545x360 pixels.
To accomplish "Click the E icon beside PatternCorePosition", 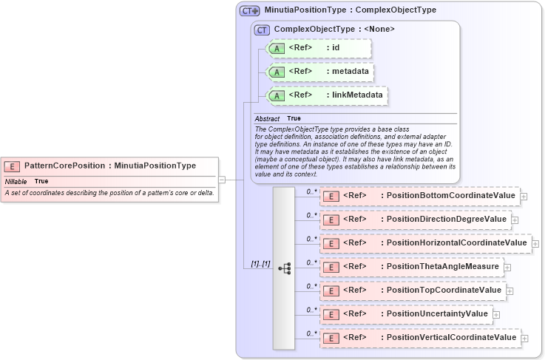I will [12, 166].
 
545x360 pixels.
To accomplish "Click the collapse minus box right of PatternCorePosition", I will [222, 179].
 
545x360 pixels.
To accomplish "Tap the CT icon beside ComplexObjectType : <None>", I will [262, 30].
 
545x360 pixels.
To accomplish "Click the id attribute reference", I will [318, 48].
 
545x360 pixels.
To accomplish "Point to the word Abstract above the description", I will [267, 118].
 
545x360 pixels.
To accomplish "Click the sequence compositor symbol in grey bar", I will [284, 268].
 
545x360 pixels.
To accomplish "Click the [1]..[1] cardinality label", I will [260, 264].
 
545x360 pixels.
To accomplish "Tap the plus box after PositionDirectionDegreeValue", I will [515, 220].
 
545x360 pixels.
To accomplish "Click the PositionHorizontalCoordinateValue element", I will [425, 242].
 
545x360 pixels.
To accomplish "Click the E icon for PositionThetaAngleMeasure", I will [332, 267].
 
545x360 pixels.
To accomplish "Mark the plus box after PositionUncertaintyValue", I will [496, 314].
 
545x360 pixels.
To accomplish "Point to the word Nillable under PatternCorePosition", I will [16, 181].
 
